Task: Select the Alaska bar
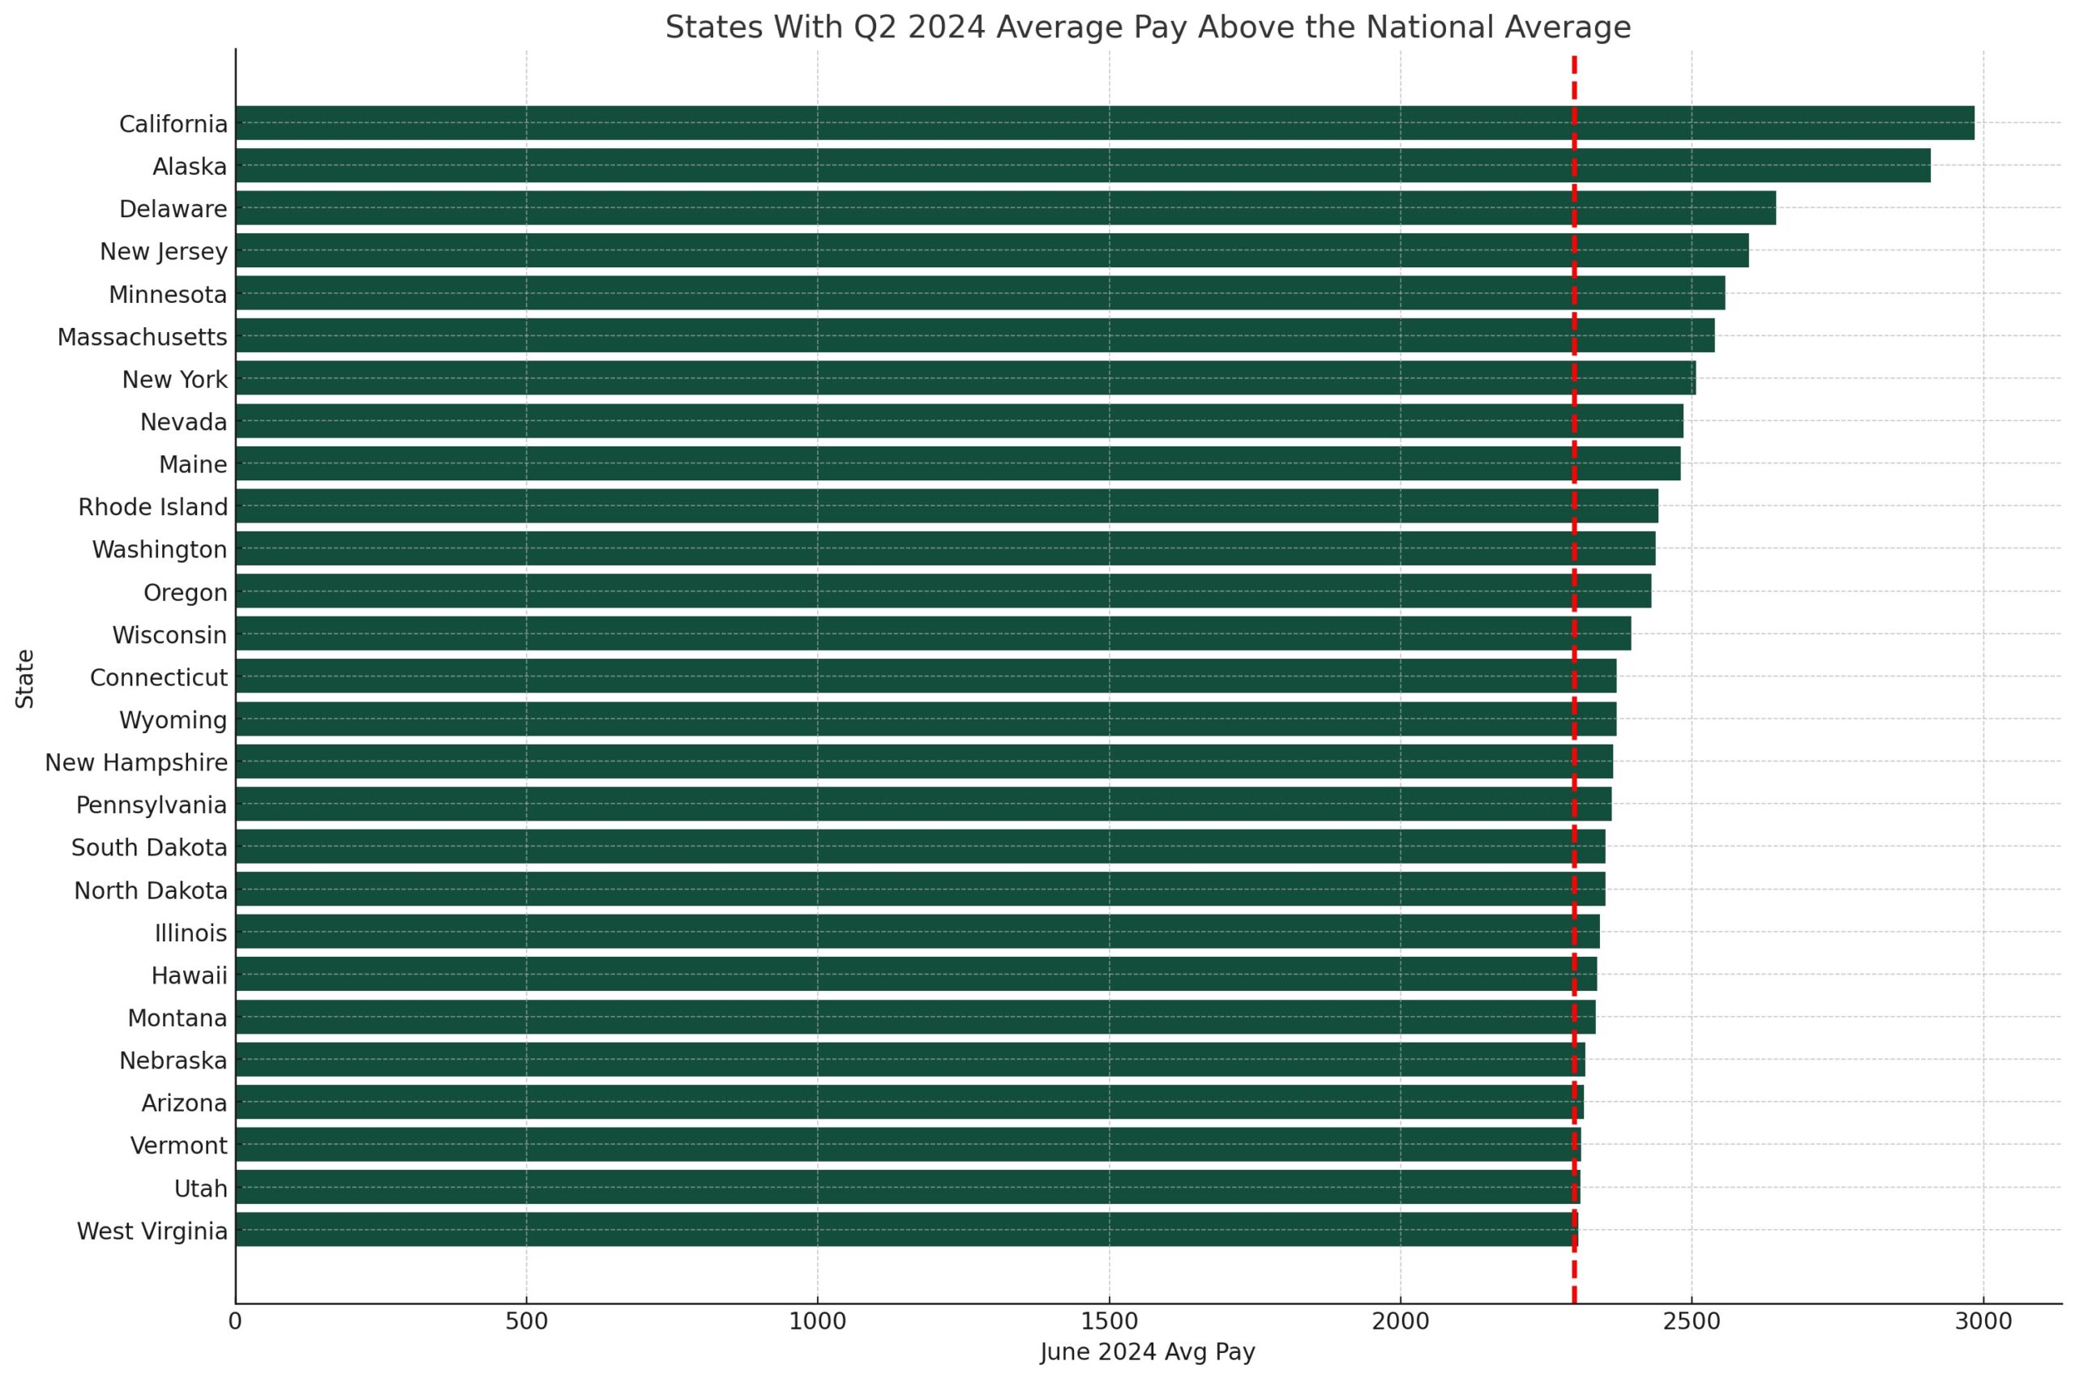click(1081, 165)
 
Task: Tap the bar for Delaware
click(1003, 208)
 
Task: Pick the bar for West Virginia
click(905, 1230)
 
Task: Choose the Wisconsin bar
click(932, 634)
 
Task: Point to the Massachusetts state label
click(142, 338)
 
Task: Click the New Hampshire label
click(135, 763)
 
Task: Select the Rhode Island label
click(152, 507)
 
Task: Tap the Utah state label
click(200, 1188)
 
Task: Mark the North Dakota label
click(150, 890)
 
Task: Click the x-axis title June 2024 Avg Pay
click(1147, 1351)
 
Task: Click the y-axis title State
click(24, 678)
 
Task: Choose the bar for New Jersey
click(992, 250)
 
